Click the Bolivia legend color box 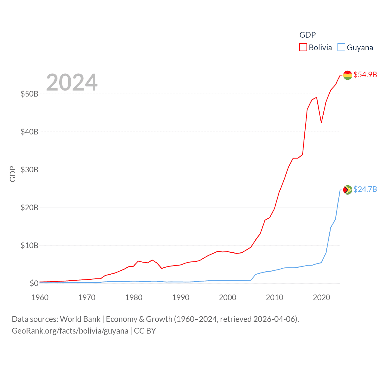click(303, 48)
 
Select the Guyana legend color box click(341, 48)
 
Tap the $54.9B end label click(365, 75)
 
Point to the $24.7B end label click(365, 189)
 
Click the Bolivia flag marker click(347, 75)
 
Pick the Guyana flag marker click(347, 190)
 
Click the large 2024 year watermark click(72, 82)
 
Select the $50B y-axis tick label click(29, 94)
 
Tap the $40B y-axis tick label click(29, 132)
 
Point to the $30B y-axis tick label click(29, 170)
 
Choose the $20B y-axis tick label click(29, 208)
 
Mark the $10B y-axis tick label click(29, 245)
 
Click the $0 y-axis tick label click(34, 283)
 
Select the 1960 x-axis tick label click(40, 297)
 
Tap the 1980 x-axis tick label click(134, 297)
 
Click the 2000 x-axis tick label click(228, 297)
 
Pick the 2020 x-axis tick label click(322, 297)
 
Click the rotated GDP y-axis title click(13, 174)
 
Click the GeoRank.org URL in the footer click(70, 331)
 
